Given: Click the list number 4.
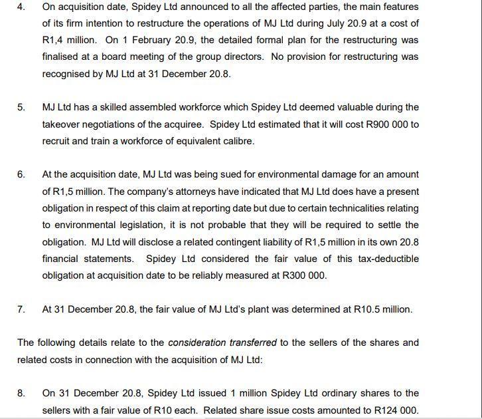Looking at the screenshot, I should [21, 7].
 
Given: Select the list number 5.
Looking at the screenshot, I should [21, 107].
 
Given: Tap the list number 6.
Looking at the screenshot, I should [21, 174].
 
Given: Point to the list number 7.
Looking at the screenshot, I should [21, 309].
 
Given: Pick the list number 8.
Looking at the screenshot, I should [21, 393].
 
